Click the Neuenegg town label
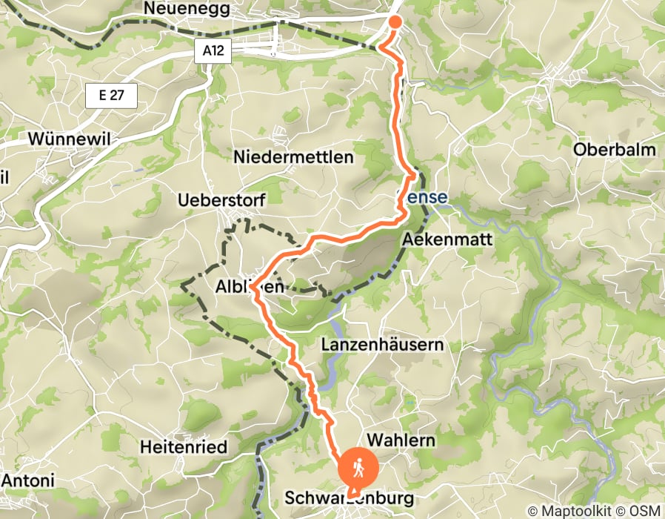point(188,10)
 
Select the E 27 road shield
point(112,96)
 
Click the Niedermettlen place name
point(294,157)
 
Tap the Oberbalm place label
point(615,150)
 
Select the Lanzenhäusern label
point(383,345)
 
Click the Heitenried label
point(184,446)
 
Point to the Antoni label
point(27,481)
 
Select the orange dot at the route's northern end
point(395,22)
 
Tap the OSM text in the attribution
point(646,511)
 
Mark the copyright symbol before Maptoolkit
point(534,511)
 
